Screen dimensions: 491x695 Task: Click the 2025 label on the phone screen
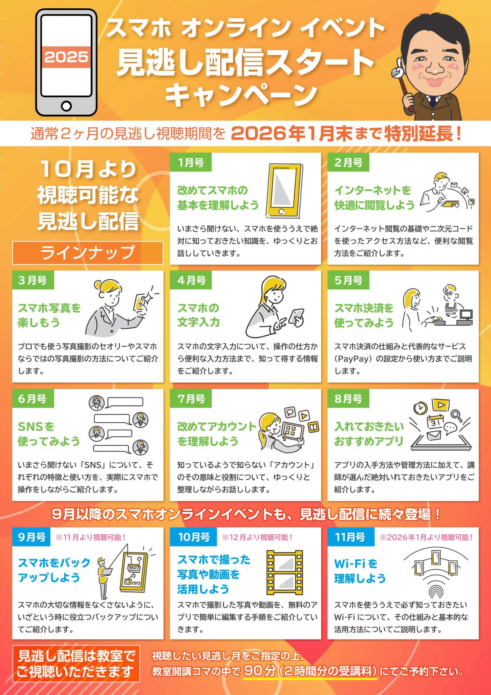coord(66,57)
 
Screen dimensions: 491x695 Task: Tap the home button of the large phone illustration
coord(66,106)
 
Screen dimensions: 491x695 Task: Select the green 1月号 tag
coord(191,162)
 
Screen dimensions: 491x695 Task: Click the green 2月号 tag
coord(348,162)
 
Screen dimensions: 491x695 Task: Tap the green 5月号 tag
coord(348,280)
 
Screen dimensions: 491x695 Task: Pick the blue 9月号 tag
coord(31,537)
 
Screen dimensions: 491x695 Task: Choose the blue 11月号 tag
coord(351,537)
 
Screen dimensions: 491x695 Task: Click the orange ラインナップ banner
coord(88,253)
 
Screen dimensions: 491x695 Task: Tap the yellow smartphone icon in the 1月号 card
coord(284,191)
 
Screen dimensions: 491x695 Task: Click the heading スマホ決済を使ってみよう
coord(364,315)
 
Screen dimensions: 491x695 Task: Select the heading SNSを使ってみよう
coord(49,434)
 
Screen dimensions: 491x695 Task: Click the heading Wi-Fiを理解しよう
coord(360,571)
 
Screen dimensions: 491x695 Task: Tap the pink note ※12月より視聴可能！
coord(257,537)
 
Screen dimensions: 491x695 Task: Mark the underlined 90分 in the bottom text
coord(260,672)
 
